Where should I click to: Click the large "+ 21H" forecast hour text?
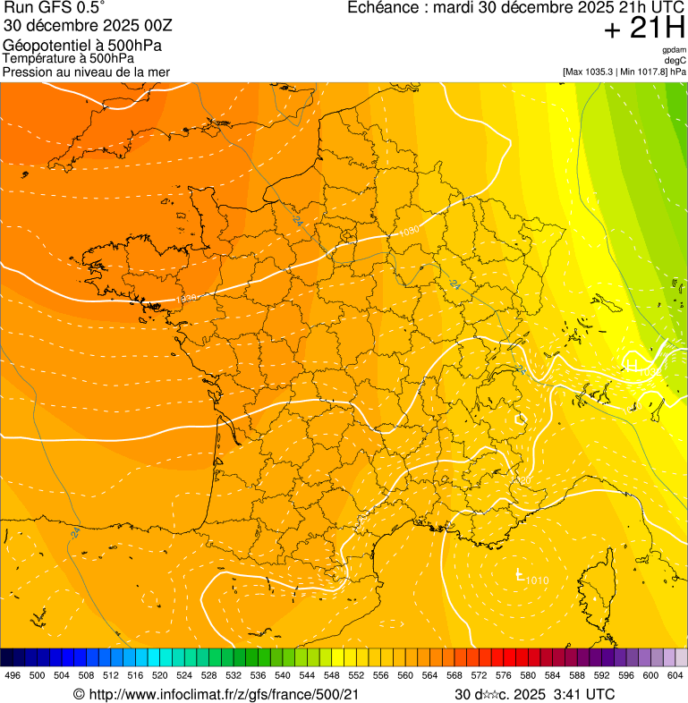point(644,29)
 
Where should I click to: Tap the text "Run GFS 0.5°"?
point(54,8)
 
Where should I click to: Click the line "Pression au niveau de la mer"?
point(86,72)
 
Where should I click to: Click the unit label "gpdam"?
point(674,50)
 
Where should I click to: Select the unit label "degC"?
point(675,60)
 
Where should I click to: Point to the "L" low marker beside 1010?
point(520,575)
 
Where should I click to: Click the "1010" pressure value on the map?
point(538,581)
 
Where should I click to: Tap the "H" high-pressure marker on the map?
point(631,365)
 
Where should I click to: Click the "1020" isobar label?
point(522,481)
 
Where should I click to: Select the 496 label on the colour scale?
point(13,675)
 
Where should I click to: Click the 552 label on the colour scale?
point(356,675)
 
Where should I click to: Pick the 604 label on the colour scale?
point(675,675)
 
